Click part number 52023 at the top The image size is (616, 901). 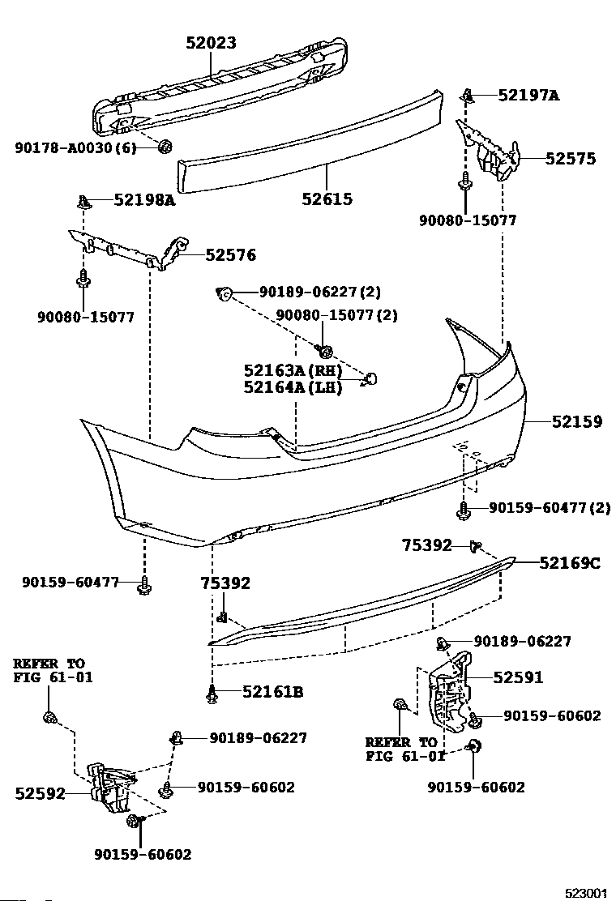pyautogui.click(x=211, y=42)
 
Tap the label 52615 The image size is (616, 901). pyautogui.click(x=327, y=199)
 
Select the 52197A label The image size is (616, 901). pyautogui.click(x=528, y=95)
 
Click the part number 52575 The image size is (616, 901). pyautogui.click(x=570, y=159)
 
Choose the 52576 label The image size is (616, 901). pyautogui.click(x=230, y=254)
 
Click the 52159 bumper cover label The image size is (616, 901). pyautogui.click(x=577, y=421)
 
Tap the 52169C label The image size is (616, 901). pyautogui.click(x=570, y=563)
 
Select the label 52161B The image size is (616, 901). pyautogui.click(x=272, y=691)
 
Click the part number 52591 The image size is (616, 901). pyautogui.click(x=518, y=677)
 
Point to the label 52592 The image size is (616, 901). pyautogui.click(x=40, y=793)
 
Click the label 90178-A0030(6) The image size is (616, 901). pyautogui.click(x=75, y=148)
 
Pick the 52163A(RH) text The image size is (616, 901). pyautogui.click(x=293, y=370)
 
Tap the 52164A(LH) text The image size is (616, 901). pyautogui.click(x=293, y=387)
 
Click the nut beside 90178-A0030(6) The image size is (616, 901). pyautogui.click(x=165, y=147)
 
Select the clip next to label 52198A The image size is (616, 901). pyautogui.click(x=84, y=202)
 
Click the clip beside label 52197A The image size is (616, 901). pyautogui.click(x=469, y=96)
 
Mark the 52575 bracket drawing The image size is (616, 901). pyautogui.click(x=490, y=149)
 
